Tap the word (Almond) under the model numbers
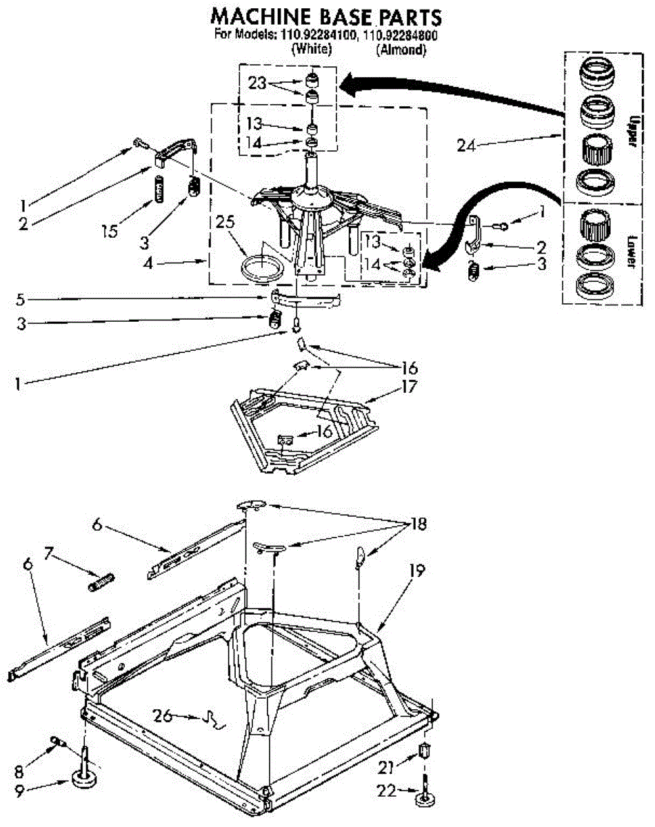tap(400, 50)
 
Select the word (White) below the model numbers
tap(312, 50)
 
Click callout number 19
tap(415, 571)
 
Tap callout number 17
tap(409, 387)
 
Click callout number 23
tap(257, 82)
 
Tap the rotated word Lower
tap(629, 251)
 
